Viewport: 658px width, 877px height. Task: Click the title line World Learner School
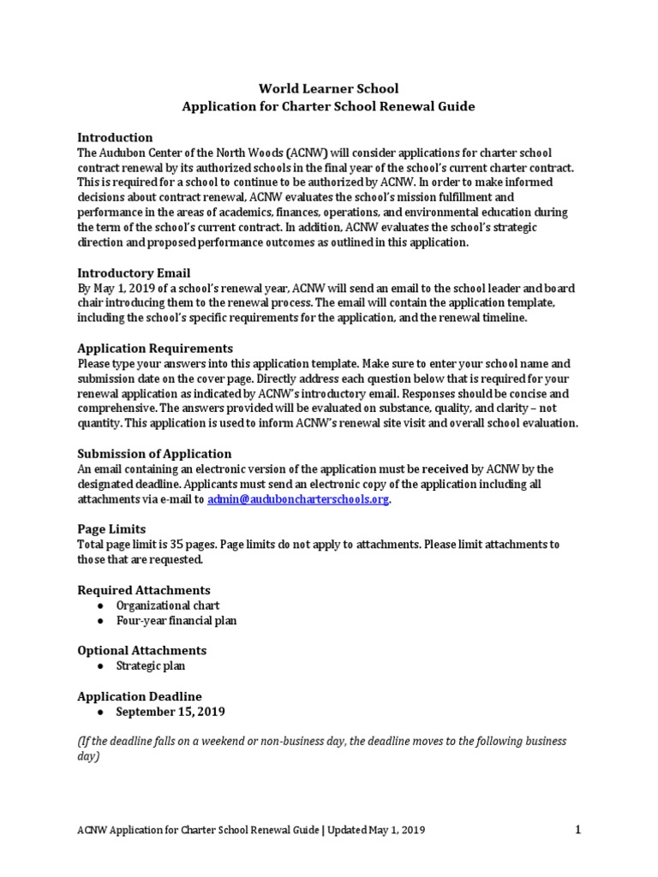pyautogui.click(x=329, y=88)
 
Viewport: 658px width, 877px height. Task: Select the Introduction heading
pyautogui.click(x=115, y=137)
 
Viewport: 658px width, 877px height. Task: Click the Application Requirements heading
pyautogui.click(x=155, y=349)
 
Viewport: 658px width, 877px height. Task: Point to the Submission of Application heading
pyautogui.click(x=154, y=453)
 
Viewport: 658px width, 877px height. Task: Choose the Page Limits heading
pyautogui.click(x=111, y=529)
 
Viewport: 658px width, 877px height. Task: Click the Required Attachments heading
pyautogui.click(x=144, y=590)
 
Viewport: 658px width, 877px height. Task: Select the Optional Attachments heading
pyautogui.click(x=141, y=650)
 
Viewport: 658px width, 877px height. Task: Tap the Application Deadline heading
pyautogui.click(x=140, y=696)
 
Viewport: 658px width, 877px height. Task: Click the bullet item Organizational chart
pyautogui.click(x=168, y=606)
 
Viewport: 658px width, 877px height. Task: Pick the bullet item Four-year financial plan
pyautogui.click(x=176, y=620)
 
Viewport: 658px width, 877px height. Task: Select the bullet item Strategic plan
pyautogui.click(x=151, y=665)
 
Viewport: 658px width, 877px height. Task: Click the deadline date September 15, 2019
pyautogui.click(x=171, y=712)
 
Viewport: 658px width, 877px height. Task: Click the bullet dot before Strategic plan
pyautogui.click(x=100, y=665)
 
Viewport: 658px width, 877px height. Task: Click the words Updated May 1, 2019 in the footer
pyautogui.click(x=375, y=830)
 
